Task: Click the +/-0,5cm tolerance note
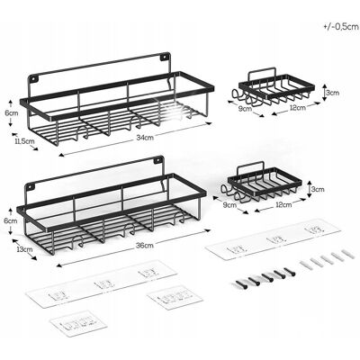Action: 341,26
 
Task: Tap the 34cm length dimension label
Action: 145,138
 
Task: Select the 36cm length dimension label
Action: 145,246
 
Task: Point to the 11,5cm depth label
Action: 24,141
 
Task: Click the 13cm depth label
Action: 25,248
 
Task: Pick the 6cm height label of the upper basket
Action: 11,113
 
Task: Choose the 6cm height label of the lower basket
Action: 11,221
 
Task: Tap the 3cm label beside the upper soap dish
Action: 332,93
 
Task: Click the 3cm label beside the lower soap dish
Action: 318,189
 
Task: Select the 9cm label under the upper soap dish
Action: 245,109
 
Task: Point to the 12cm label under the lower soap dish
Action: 283,205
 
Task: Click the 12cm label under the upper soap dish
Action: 297,108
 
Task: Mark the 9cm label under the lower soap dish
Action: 230,205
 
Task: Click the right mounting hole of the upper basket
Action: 165,56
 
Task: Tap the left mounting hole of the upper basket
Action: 33,78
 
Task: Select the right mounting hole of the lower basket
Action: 157,160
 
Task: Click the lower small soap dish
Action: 261,184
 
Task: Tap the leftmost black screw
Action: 240,284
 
